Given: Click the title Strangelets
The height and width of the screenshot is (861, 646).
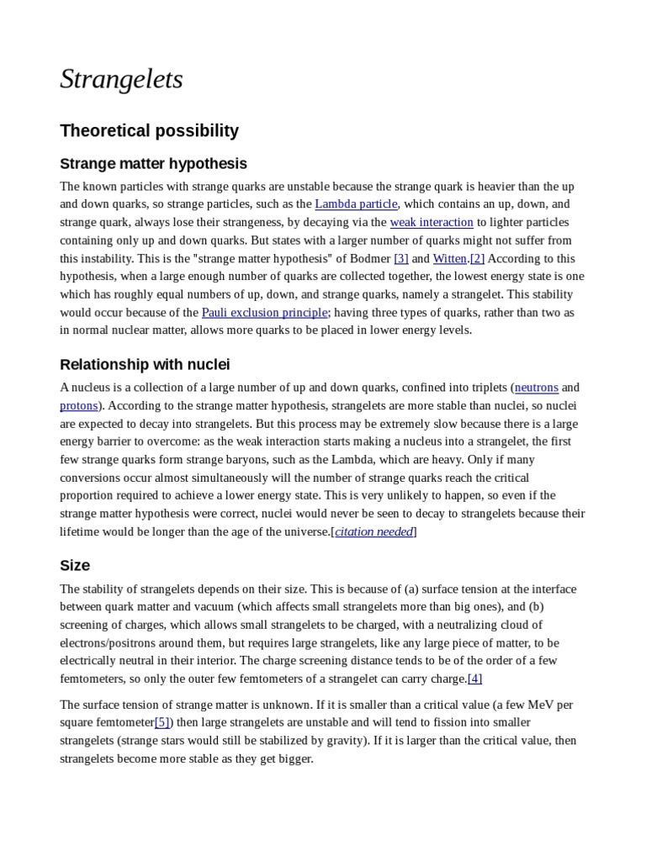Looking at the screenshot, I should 121,79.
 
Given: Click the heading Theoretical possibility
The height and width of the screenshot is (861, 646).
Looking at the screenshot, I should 149,130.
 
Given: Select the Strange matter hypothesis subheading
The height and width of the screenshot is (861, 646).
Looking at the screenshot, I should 153,163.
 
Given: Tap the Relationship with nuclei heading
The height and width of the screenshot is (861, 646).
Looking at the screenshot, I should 145,364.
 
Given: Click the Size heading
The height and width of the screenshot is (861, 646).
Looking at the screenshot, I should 75,565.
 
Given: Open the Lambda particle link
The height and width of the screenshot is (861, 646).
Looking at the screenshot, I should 356,204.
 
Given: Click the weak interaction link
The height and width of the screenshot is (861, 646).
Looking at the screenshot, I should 432,222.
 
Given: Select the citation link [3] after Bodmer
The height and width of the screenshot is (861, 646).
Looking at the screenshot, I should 401,258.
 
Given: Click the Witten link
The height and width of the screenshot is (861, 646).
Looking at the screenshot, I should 450,258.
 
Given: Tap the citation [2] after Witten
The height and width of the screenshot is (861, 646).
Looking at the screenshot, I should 477,258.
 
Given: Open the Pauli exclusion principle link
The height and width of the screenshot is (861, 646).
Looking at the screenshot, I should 264,313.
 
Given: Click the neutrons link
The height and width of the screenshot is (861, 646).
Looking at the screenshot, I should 536,388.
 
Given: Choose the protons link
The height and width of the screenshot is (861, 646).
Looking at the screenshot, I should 79,405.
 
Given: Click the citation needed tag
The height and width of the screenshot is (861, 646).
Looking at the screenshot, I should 374,531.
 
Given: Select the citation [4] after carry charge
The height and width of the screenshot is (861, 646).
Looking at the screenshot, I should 474,679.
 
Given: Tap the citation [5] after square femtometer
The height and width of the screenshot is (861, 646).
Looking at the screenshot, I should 162,722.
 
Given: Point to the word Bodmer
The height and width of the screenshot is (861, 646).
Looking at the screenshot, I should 369,258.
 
